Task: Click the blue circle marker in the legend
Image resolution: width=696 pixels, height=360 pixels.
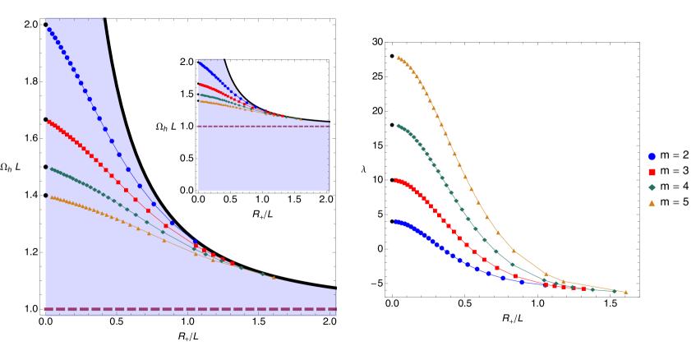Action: [652, 156]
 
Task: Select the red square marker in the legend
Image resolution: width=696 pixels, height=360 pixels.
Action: [652, 172]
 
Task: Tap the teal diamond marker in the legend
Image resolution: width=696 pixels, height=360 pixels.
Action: [652, 187]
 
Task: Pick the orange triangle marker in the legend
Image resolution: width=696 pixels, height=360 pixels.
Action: [652, 203]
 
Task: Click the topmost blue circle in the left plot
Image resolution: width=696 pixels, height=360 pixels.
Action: [48, 29]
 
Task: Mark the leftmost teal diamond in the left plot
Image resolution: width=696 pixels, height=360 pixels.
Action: [51, 168]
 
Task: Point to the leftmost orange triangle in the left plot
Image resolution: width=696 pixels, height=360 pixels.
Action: [51, 196]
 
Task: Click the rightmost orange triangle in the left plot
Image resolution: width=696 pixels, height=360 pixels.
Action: [274, 277]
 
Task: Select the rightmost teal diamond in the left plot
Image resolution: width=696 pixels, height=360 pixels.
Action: [262, 274]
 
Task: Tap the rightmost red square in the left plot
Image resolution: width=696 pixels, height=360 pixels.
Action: [232, 264]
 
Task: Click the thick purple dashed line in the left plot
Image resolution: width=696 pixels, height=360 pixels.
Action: [189, 309]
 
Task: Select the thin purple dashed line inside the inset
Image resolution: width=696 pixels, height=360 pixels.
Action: [263, 127]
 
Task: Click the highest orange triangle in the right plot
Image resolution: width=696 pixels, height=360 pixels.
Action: [398, 58]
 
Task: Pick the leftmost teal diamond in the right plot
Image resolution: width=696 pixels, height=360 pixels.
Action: [398, 126]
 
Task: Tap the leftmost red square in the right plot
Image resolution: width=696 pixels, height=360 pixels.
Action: [395, 179]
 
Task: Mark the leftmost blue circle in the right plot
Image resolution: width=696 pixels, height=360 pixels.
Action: [395, 221]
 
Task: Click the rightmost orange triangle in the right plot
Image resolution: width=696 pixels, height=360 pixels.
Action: [625, 292]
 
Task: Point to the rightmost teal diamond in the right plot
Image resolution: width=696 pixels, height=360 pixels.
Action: [614, 291]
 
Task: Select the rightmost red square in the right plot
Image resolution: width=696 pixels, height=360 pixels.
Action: [583, 288]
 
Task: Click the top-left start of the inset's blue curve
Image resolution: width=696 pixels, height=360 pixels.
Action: [200, 62]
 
